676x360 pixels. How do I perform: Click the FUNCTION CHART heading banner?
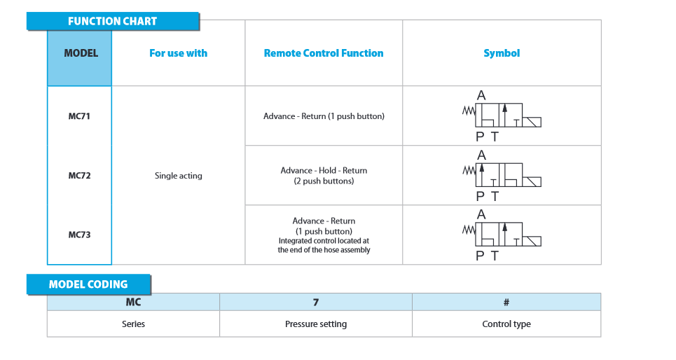pos(113,21)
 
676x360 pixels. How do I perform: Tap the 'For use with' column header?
pos(178,53)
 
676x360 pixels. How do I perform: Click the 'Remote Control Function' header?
pos(324,53)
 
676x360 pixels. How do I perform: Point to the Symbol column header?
pos(502,53)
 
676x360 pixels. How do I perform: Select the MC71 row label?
pos(79,116)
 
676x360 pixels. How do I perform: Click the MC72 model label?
pos(79,176)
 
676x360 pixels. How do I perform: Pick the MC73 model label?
pos(79,235)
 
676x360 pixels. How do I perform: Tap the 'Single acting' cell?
pos(179,176)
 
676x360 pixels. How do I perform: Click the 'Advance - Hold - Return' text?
pos(324,170)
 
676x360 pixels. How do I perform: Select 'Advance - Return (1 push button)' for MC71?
pos(324,116)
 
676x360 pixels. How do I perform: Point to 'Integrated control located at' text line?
pos(324,240)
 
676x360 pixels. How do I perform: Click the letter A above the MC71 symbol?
pos(481,95)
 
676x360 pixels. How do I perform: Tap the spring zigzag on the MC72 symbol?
pos(469,171)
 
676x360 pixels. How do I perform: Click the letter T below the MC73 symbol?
pos(495,256)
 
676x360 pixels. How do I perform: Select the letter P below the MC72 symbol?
pos(480,197)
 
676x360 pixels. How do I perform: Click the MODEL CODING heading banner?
pos(88,284)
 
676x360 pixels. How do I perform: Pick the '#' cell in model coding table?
pos(506,303)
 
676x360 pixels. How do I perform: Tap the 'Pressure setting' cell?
pos(316,324)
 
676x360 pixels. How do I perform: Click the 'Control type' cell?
pos(506,324)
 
